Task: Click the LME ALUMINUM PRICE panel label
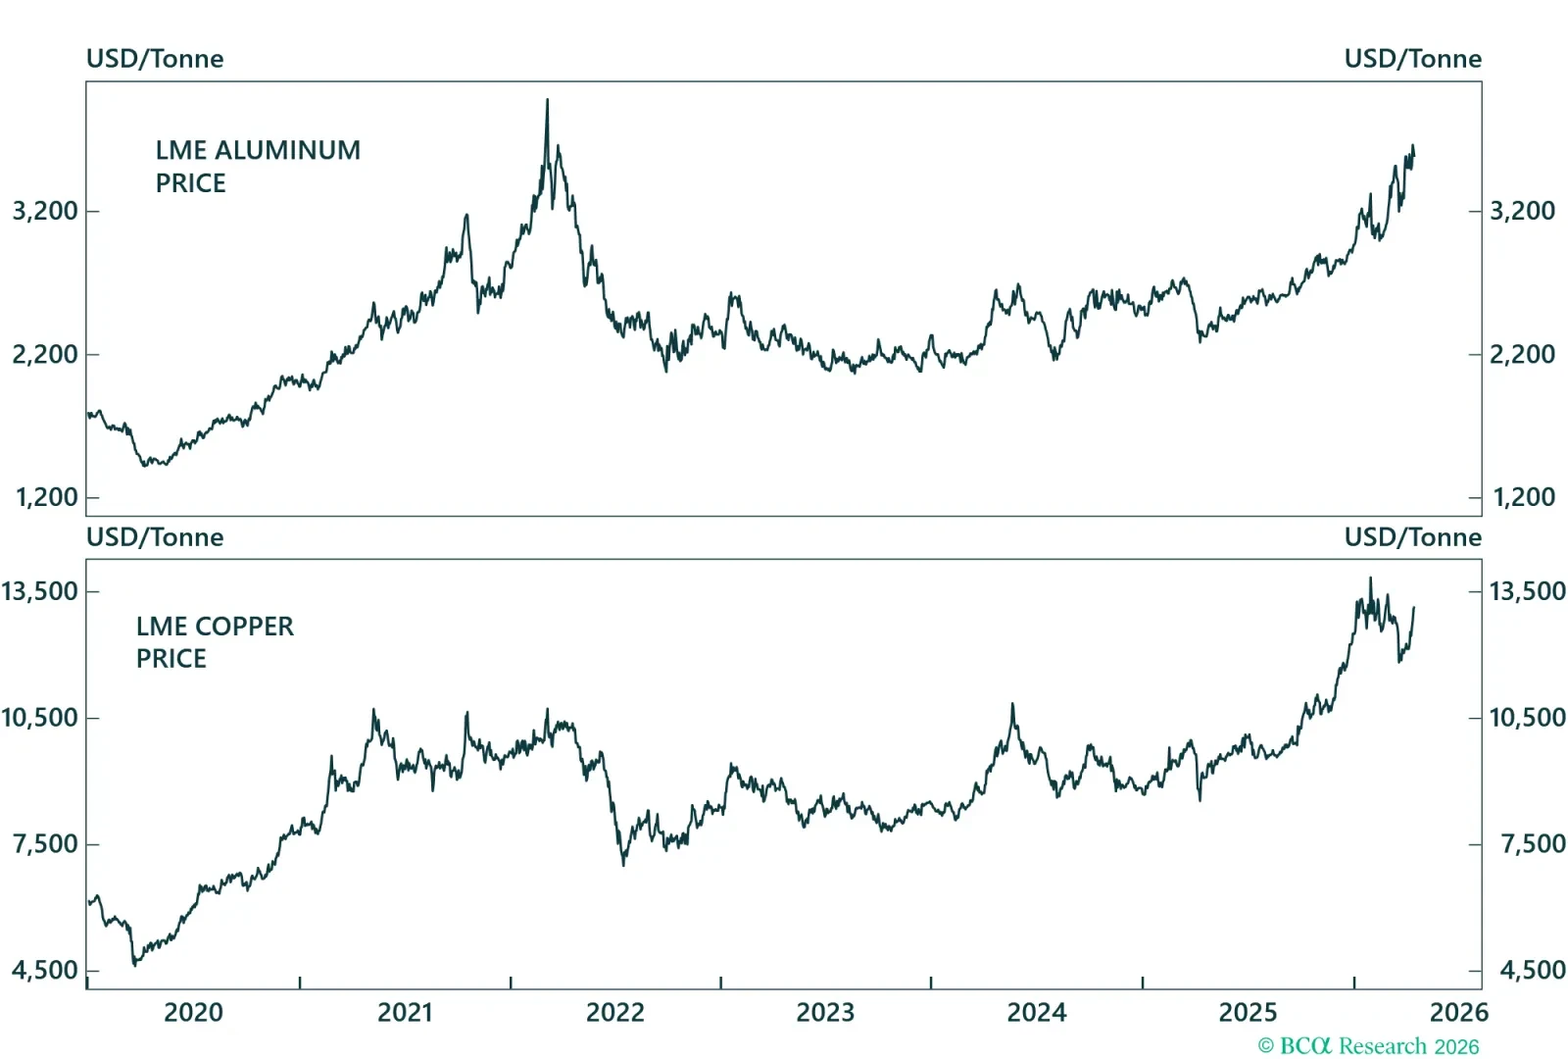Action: pyautogui.click(x=258, y=166)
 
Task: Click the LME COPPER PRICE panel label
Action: pyautogui.click(x=215, y=641)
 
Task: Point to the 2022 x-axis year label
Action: pyautogui.click(x=615, y=1012)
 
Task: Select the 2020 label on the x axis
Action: pyautogui.click(x=193, y=1012)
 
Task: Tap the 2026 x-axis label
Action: pyautogui.click(x=1458, y=1012)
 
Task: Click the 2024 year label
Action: pyautogui.click(x=1037, y=1012)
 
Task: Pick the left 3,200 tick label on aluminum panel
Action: pyautogui.click(x=45, y=211)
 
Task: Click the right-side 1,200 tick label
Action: pyautogui.click(x=1523, y=497)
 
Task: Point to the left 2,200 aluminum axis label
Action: pyautogui.click(x=45, y=354)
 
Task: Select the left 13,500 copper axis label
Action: pyautogui.click(x=40, y=591)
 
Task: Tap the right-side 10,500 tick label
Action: pyautogui.click(x=1527, y=718)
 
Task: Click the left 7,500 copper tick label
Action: pyautogui.click(x=45, y=844)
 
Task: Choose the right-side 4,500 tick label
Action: pyautogui.click(x=1533, y=971)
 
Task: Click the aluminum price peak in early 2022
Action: pyautogui.click(x=547, y=100)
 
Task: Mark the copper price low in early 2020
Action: pyautogui.click(x=134, y=964)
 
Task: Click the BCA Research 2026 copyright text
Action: pyautogui.click(x=1368, y=1046)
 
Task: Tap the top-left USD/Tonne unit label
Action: pyautogui.click(x=155, y=59)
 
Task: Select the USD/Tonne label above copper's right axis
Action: pyautogui.click(x=1412, y=537)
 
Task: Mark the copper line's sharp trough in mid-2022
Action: pyautogui.click(x=623, y=863)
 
